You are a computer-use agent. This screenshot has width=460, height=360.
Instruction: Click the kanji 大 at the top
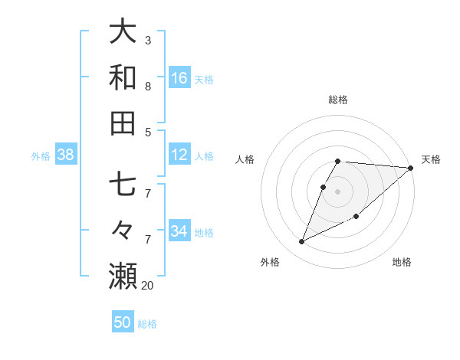123,32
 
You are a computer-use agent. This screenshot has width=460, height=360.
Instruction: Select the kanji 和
123,77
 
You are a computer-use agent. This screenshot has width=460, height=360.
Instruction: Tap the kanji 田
123,123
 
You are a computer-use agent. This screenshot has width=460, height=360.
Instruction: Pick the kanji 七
123,185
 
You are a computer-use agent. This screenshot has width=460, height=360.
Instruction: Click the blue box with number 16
179,77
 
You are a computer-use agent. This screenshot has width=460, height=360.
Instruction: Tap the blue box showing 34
179,231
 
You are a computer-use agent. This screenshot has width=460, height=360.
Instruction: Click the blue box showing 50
123,322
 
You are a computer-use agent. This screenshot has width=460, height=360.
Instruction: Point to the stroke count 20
148,285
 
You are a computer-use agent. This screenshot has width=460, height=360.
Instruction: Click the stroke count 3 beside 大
148,39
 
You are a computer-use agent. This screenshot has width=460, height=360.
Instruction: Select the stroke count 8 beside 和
148,86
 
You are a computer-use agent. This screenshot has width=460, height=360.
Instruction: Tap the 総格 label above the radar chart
338,100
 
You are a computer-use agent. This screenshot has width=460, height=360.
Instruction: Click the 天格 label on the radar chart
431,159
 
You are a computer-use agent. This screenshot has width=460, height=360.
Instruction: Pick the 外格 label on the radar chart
270,262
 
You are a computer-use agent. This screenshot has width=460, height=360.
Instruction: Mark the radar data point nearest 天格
410,168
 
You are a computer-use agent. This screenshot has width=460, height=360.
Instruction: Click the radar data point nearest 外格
302,241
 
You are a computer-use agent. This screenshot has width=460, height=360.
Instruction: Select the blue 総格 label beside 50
147,324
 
